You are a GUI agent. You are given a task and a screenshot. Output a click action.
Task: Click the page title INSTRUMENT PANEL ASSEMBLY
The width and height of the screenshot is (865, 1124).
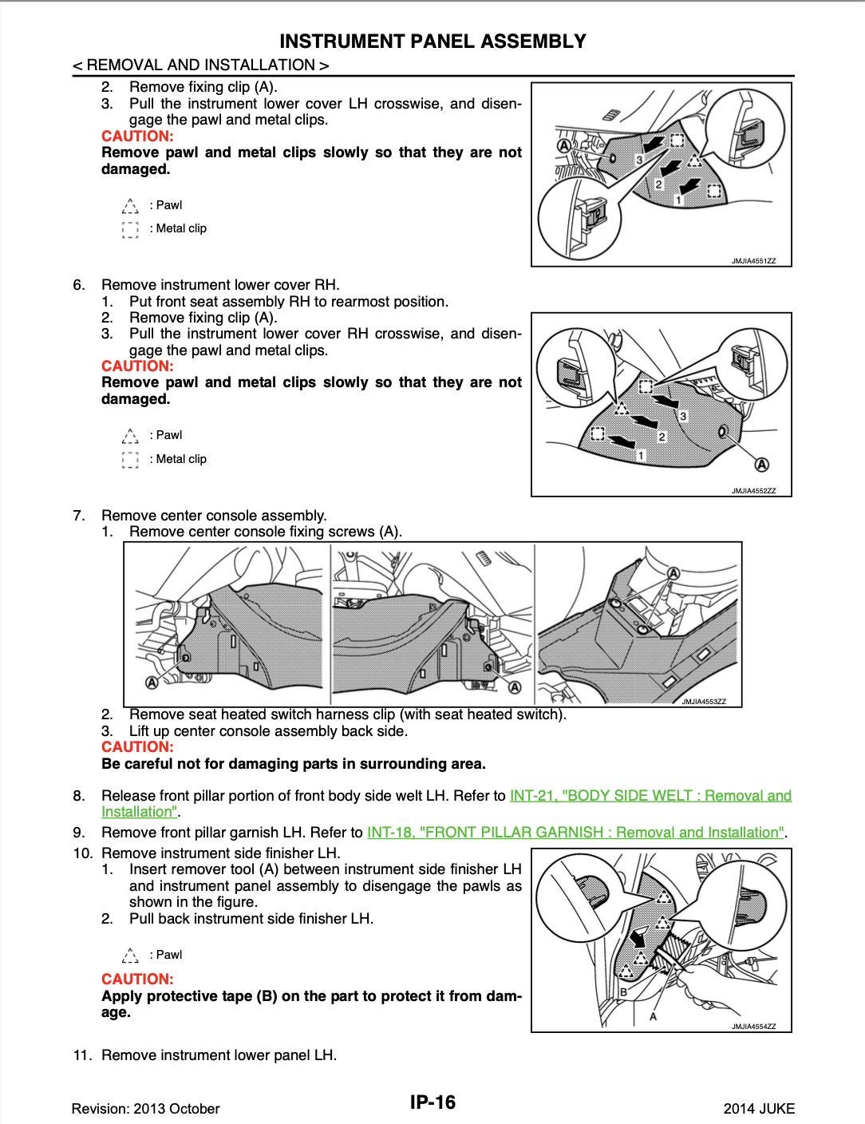point(432,42)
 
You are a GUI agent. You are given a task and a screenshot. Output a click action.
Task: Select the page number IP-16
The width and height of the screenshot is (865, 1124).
point(432,1102)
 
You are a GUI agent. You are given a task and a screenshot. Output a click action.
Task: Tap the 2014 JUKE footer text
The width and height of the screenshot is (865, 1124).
point(758,1108)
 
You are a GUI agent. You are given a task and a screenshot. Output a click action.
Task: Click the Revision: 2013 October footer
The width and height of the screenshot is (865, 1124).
point(145,1108)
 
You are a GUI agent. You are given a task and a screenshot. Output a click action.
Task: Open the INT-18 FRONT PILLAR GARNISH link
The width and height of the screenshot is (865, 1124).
point(575,832)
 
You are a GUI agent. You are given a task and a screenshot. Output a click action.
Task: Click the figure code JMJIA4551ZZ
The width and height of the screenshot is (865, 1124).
point(753,261)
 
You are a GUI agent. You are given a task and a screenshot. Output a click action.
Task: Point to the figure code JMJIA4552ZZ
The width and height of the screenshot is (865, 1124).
point(753,491)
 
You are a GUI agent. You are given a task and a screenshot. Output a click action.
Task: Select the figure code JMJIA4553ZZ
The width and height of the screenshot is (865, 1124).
point(703,702)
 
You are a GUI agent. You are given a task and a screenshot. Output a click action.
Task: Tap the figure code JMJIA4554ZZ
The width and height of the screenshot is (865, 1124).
point(753,1027)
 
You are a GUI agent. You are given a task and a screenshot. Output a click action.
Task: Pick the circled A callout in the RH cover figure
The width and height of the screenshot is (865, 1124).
point(761,465)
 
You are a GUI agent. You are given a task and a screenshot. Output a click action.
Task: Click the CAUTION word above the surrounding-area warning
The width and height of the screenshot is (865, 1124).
point(137,747)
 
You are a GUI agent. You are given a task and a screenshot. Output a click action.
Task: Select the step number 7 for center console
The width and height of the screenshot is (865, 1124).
point(78,516)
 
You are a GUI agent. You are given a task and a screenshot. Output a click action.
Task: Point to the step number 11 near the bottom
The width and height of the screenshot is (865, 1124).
point(82,1055)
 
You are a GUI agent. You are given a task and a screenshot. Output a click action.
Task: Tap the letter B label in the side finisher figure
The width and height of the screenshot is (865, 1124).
point(623,991)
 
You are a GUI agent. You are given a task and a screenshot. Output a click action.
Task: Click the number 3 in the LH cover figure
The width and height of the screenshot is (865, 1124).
point(639,160)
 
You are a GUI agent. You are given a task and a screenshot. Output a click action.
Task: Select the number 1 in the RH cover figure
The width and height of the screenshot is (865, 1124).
point(641,454)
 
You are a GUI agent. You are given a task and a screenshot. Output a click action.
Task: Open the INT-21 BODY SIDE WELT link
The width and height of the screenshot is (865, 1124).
point(650,795)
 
